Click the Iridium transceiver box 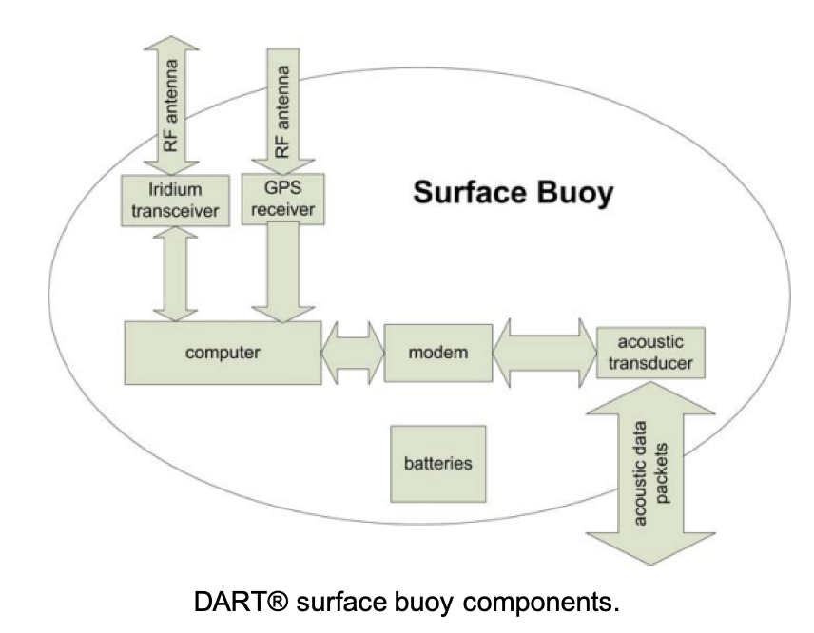pos(177,200)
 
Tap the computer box pos(223,353)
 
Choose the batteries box pos(438,464)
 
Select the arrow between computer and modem pos(353,353)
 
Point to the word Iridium pos(177,189)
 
